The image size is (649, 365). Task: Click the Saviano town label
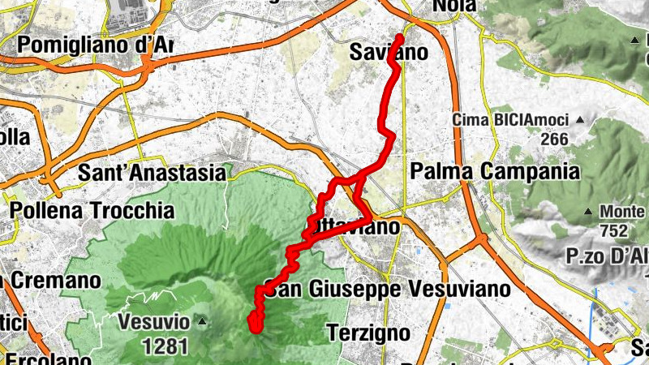[389, 52]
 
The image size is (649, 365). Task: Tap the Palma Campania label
[496, 171]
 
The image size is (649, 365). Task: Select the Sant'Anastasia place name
[152, 173]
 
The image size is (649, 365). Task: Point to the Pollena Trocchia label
[92, 210]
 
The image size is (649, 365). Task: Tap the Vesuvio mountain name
[153, 322]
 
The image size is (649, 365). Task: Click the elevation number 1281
[165, 347]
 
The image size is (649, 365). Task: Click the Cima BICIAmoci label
[510, 120]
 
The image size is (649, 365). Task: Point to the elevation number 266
[554, 139]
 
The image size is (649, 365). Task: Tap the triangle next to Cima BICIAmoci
[580, 120]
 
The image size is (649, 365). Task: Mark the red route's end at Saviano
[400, 37]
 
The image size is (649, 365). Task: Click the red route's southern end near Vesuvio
[254, 328]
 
